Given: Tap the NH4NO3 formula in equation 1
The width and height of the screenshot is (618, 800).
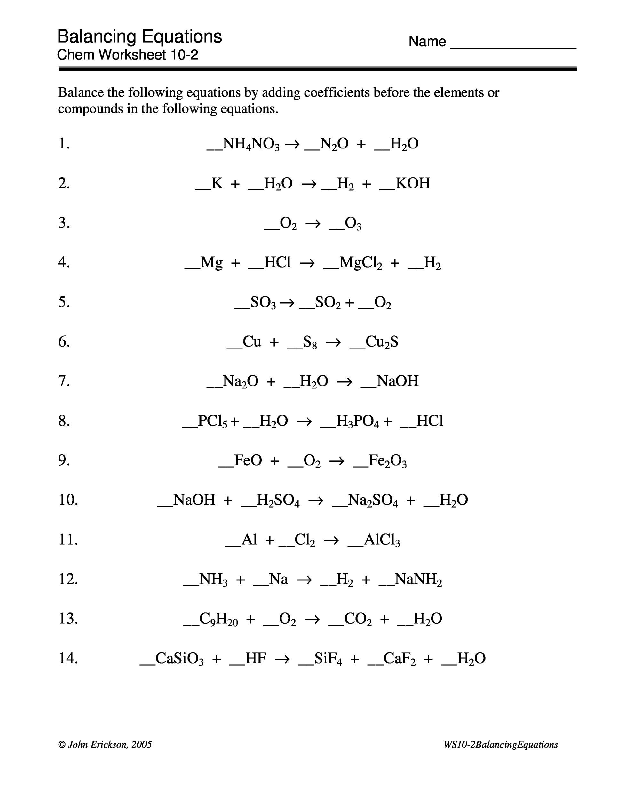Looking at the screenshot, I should (251, 144).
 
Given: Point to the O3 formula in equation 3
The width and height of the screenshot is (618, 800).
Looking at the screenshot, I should (353, 223).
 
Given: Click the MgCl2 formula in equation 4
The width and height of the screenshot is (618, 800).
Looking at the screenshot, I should (360, 263).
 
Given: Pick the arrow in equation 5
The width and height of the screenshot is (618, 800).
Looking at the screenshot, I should (287, 303).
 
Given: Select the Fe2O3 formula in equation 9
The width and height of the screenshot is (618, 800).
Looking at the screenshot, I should (387, 461).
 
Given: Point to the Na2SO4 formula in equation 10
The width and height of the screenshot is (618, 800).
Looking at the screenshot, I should (373, 501).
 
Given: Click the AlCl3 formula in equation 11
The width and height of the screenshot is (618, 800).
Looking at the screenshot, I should (382, 540).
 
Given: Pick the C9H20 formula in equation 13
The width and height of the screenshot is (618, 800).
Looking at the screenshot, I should (218, 620).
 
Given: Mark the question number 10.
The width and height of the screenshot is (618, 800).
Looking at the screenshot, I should (68, 500).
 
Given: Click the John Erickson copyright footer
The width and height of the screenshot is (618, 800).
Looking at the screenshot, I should (105, 745).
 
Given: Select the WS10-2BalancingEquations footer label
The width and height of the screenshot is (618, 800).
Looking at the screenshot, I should (501, 745).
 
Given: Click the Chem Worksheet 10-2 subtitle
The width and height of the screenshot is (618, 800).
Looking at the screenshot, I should (127, 55).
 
